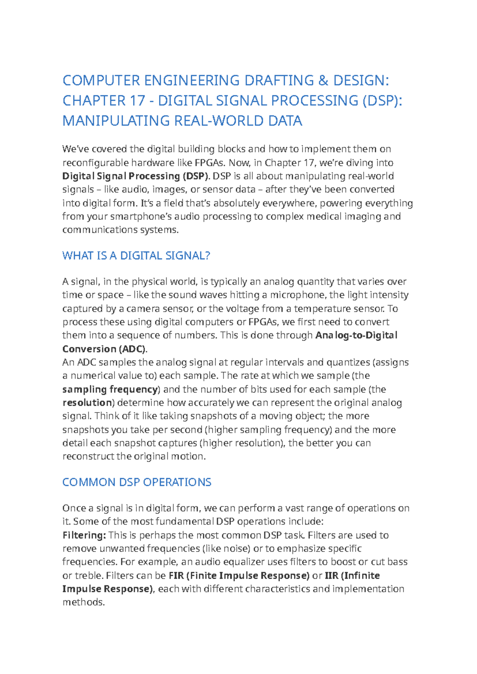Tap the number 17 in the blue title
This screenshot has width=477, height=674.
point(137,101)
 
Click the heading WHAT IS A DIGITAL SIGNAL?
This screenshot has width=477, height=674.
point(136,256)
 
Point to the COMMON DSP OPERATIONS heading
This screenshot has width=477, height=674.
point(137,482)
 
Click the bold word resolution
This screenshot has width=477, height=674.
point(87,403)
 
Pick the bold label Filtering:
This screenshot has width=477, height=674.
point(84,535)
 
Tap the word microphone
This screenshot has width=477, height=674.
point(298,295)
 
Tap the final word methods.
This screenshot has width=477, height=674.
point(83,602)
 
